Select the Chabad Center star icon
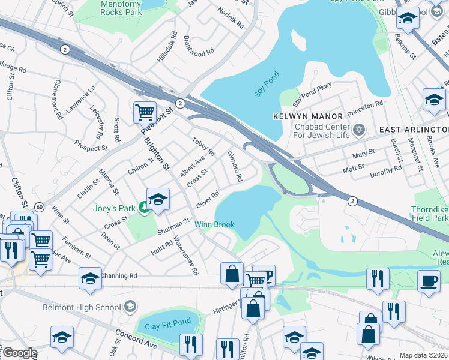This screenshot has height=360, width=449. tap(359, 130)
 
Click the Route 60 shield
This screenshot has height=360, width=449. tap(38, 206)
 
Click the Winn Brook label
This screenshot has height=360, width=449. tap(214, 225)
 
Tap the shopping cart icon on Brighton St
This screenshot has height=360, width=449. tap(145, 112)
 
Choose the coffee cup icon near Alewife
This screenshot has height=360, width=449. tap(429, 281)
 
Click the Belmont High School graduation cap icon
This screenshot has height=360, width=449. tap(129, 307)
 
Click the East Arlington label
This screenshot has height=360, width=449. tap(413, 130)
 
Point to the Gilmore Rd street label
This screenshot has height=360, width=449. tap(234, 166)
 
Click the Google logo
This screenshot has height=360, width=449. tap(19, 353)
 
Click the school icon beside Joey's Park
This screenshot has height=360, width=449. tap(158, 200)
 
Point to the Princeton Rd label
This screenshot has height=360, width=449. tap(366, 105)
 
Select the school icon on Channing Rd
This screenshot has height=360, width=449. tap(90, 278)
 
